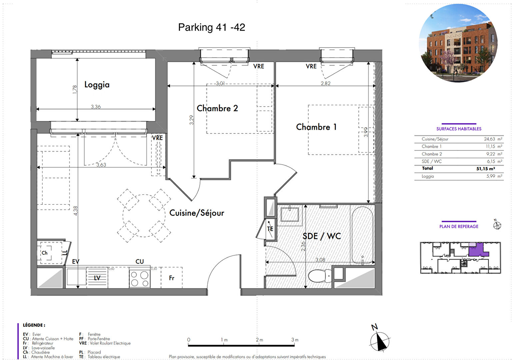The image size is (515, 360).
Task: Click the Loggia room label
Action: (x=97, y=85)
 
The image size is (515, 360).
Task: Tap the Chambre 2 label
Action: (x=217, y=108)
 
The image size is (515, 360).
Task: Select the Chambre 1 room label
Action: (x=316, y=127)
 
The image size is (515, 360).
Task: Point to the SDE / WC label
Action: (x=321, y=236)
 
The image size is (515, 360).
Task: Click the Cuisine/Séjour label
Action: (x=197, y=213)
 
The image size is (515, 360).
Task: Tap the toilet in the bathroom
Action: (x=320, y=276)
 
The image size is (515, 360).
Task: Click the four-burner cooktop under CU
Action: (x=140, y=278)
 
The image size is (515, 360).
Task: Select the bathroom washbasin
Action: (x=289, y=214)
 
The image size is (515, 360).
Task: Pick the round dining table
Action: (x=144, y=216)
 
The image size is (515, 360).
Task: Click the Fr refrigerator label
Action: (x=172, y=278)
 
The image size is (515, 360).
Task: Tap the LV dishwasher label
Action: (x=97, y=278)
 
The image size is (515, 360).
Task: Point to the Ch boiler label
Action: (x=44, y=253)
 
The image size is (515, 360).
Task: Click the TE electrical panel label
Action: (x=270, y=229)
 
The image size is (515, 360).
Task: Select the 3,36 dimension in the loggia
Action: (x=96, y=107)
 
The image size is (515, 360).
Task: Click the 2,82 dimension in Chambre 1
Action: (x=326, y=83)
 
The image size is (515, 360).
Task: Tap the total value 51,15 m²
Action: (x=486, y=169)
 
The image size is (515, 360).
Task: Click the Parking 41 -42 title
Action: (x=212, y=27)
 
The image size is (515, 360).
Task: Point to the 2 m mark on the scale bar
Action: (x=259, y=340)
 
